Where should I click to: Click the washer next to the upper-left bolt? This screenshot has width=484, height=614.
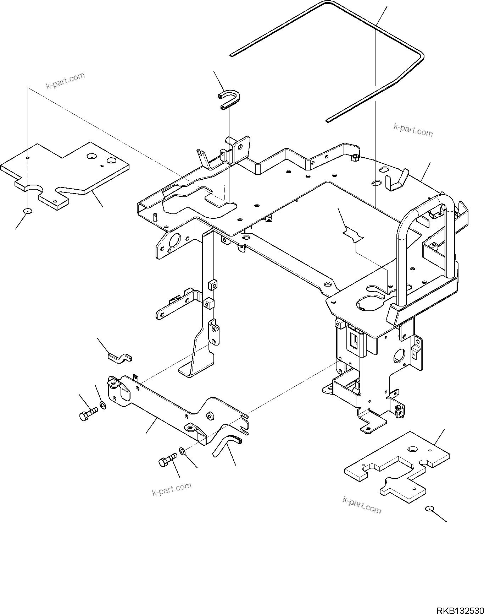(x=103, y=405)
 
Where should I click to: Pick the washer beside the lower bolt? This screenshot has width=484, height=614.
(x=182, y=451)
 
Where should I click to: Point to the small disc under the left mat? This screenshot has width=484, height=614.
(x=28, y=211)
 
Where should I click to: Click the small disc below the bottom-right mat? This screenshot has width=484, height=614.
(x=429, y=509)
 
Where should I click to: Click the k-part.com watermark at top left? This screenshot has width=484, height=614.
(x=65, y=81)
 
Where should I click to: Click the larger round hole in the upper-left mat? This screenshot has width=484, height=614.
(x=92, y=156)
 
